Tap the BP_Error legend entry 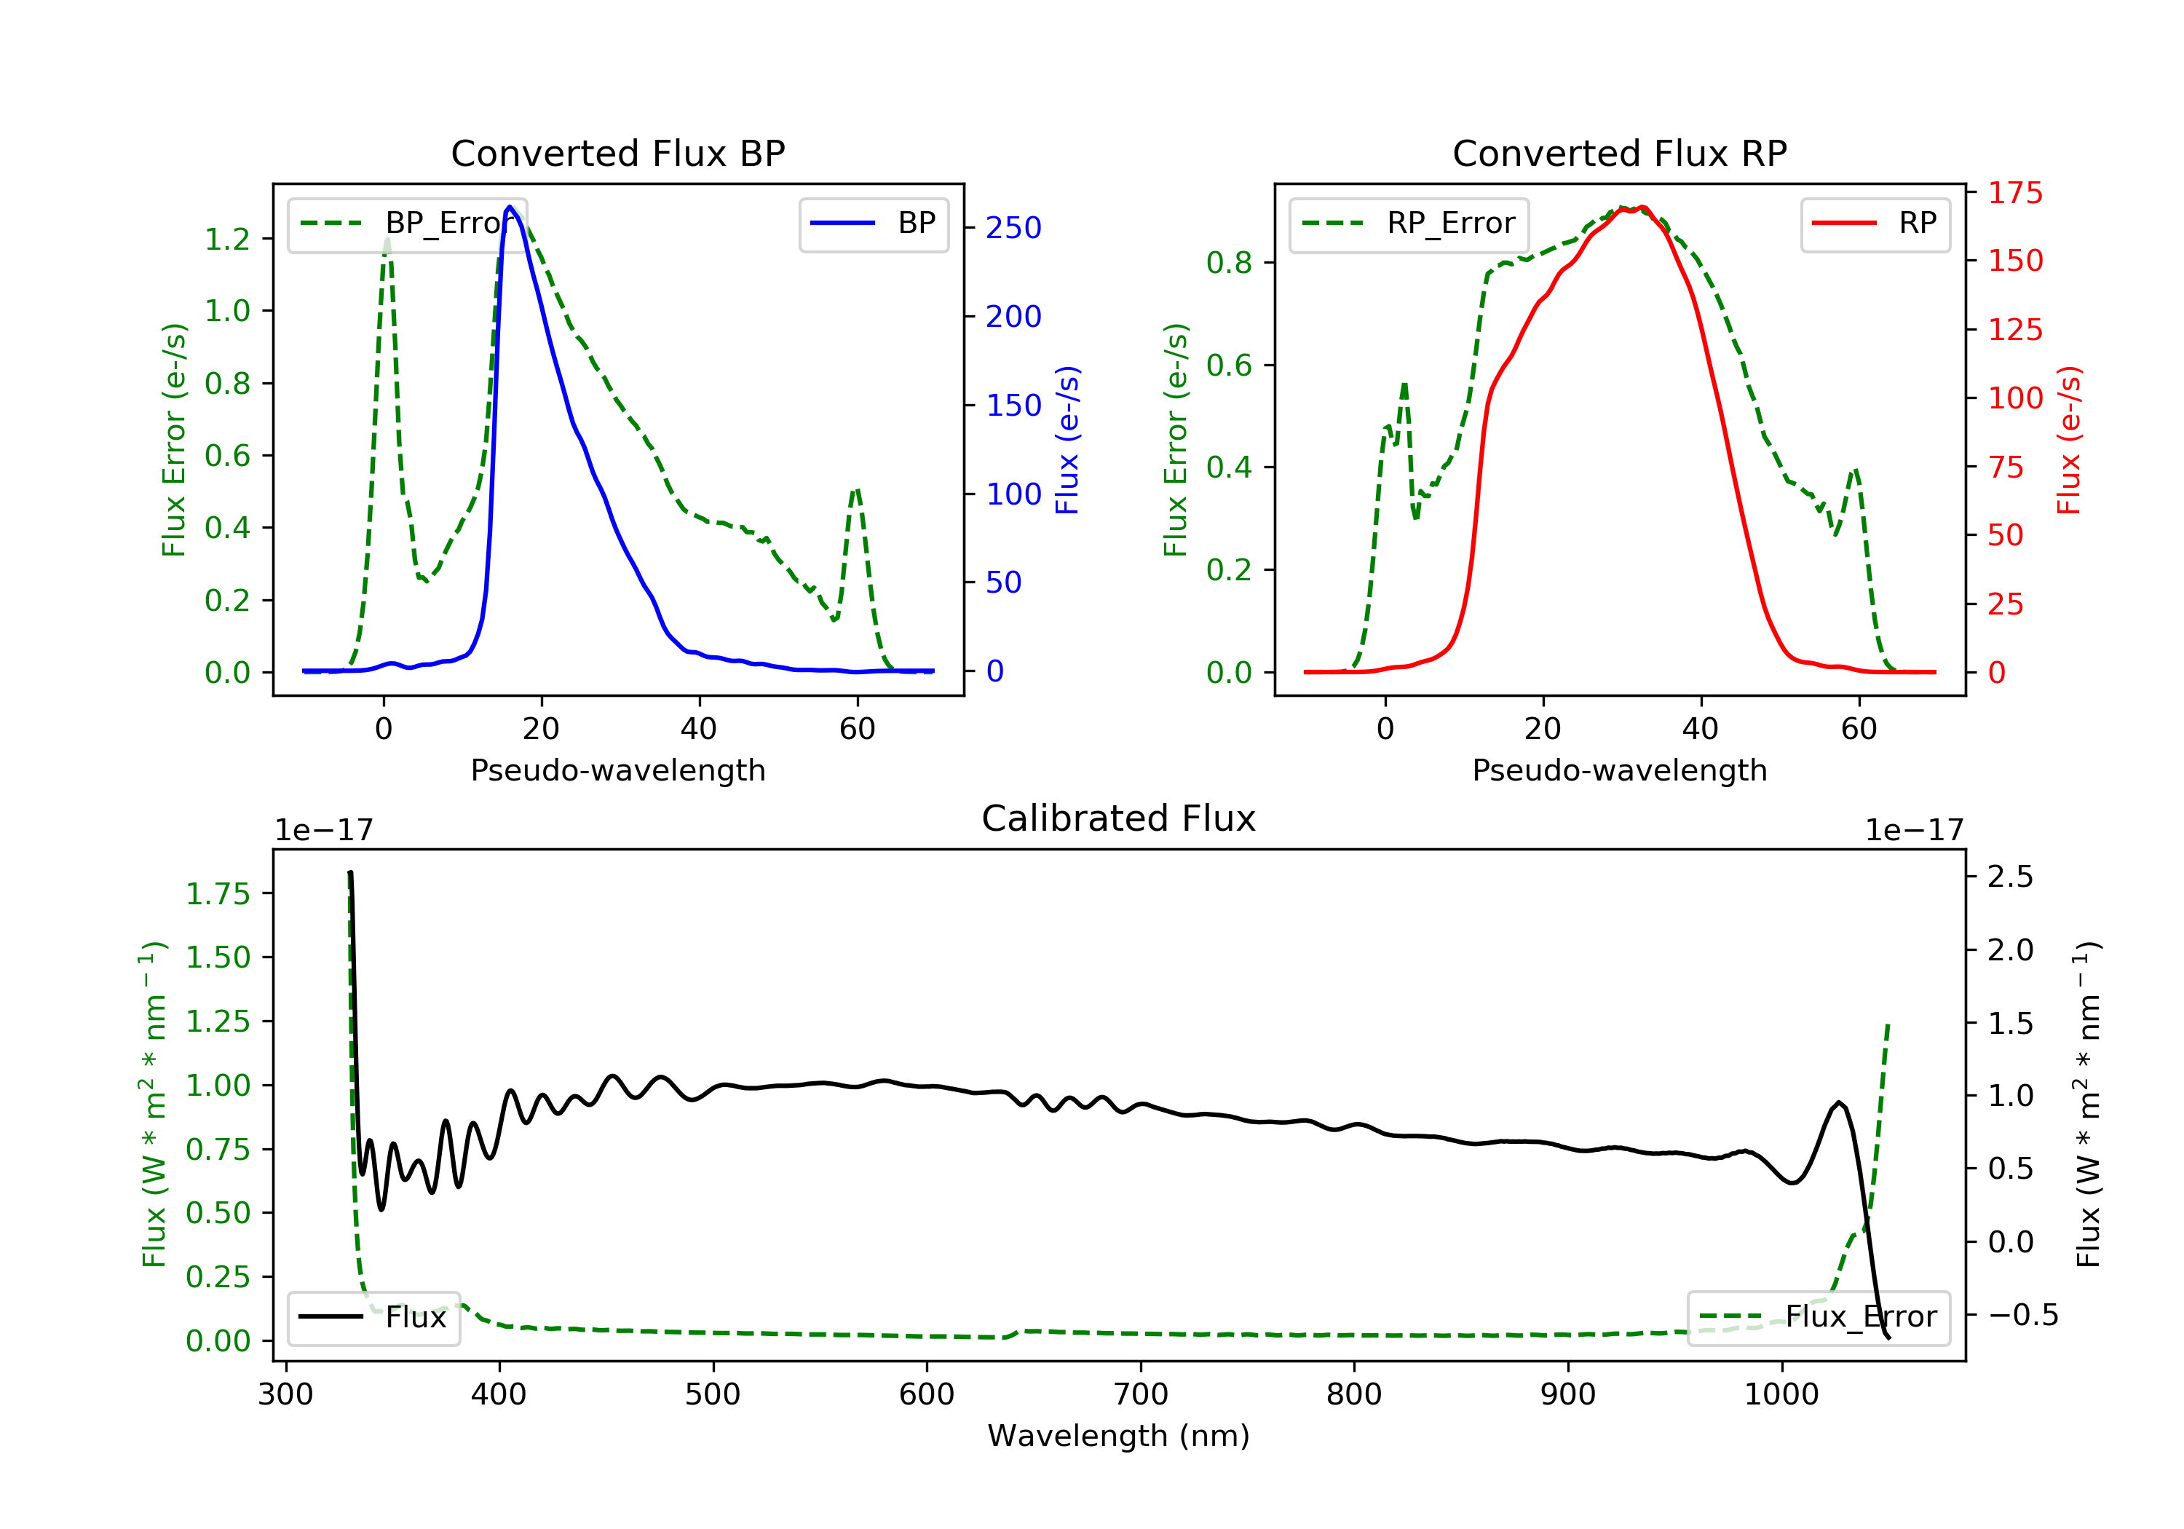(x=407, y=224)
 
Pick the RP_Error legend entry (x=1409, y=224)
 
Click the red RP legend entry (x=1875, y=224)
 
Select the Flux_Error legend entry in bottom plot (x=1818, y=1317)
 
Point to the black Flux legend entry (x=373, y=1317)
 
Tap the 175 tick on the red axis (x=2014, y=193)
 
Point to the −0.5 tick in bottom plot (x=2022, y=1316)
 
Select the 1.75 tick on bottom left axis (x=218, y=894)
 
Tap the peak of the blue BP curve (x=510, y=207)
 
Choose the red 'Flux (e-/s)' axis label (x=2070, y=440)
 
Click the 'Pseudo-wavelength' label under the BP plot (x=617, y=770)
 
